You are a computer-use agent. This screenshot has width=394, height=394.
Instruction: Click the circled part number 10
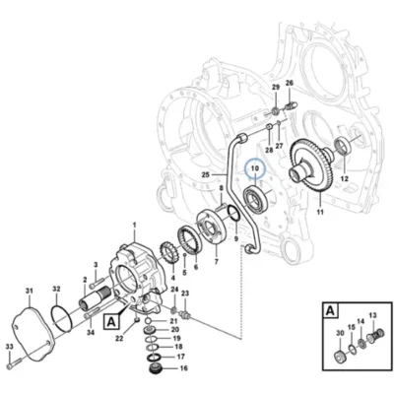coord(255,168)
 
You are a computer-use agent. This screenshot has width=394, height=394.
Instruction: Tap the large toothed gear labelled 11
coord(311,165)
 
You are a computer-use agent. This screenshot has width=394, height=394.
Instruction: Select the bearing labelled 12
coord(344,146)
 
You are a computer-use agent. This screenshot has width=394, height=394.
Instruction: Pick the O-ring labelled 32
coord(61,318)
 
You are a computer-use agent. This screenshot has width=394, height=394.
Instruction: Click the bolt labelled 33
coord(14,362)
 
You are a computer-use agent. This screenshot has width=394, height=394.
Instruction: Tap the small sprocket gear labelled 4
coord(168,254)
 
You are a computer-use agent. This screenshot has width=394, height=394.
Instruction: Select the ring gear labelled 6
coord(189,238)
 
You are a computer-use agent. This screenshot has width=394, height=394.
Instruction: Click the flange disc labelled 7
coord(212,228)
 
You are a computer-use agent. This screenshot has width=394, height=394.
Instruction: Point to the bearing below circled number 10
coord(256,198)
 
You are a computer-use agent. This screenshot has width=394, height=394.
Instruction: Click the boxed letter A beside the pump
coord(111,322)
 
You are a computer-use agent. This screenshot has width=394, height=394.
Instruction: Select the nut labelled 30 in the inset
coord(340,356)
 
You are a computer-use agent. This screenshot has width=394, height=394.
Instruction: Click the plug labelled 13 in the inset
coord(374,337)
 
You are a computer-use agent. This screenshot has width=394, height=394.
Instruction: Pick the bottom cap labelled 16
coord(154,368)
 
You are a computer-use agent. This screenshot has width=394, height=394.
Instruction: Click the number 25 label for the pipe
coord(205,175)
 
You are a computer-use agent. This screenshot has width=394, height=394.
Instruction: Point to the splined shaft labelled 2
coord(95,297)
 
